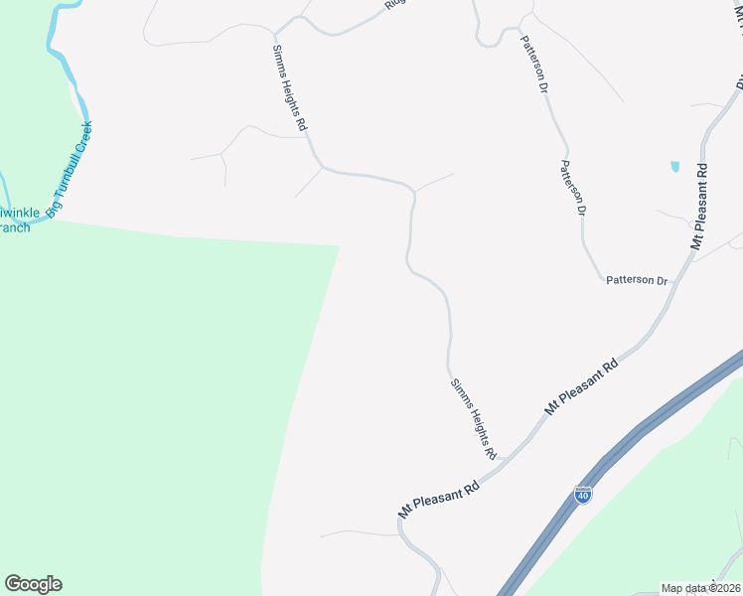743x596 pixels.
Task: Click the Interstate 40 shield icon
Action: pyautogui.click(x=583, y=494)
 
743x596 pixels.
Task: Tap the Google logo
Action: pyautogui.click(x=33, y=584)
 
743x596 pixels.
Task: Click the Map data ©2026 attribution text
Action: pyautogui.click(x=701, y=588)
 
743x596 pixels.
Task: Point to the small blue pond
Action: pyautogui.click(x=675, y=166)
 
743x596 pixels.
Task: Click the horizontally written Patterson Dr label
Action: pyautogui.click(x=638, y=281)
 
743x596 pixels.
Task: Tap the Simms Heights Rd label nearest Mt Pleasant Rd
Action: pyautogui.click(x=473, y=417)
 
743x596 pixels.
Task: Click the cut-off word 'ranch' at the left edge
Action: pyautogui.click(x=15, y=227)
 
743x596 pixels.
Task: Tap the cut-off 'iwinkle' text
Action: pyautogui.click(x=17, y=212)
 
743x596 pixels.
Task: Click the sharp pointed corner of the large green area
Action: pyautogui.click(x=339, y=245)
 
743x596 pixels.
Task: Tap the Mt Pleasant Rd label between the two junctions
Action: pyautogui.click(x=581, y=386)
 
